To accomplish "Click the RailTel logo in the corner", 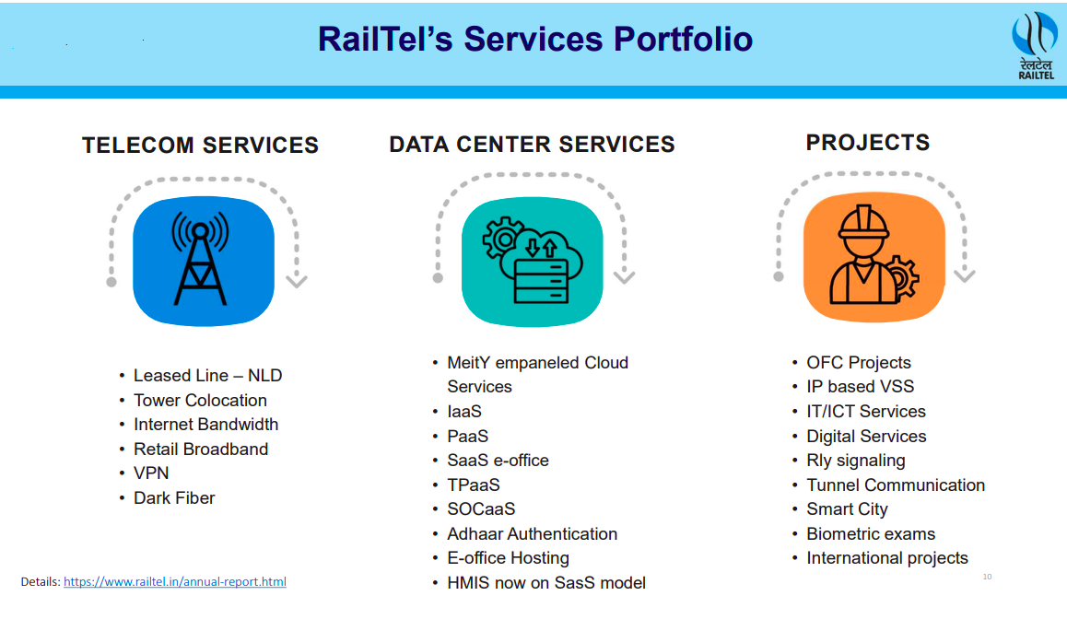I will [x=1035, y=45].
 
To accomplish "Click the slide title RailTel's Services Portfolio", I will [x=534, y=40].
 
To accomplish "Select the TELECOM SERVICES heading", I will [x=200, y=146].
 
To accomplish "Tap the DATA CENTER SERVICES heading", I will [x=532, y=145].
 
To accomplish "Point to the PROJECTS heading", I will [x=867, y=143].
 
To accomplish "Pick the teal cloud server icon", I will [x=532, y=262].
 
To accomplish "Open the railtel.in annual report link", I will [x=174, y=582].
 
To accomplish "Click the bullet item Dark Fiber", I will [x=174, y=498].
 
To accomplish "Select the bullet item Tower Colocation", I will [x=200, y=401].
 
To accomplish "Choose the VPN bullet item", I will [x=150, y=473].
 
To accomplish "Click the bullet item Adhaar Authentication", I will [x=532, y=534].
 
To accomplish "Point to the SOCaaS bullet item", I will [x=481, y=509].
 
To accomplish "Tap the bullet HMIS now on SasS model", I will [x=545, y=583].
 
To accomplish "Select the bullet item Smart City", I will [x=847, y=509].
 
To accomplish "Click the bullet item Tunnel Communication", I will [x=895, y=485].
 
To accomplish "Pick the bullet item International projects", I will [x=886, y=558].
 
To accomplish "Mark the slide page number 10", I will [x=987, y=577].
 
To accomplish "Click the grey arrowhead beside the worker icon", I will [x=965, y=275].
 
